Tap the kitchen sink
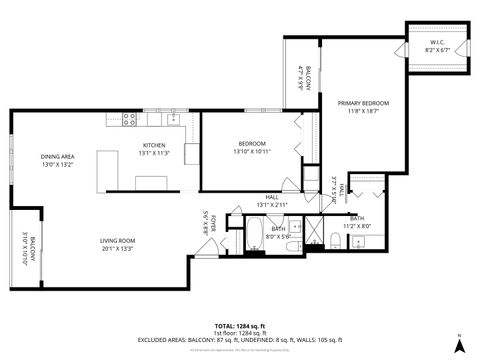[175, 118]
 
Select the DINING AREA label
[58, 157]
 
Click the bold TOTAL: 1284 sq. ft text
[240, 325]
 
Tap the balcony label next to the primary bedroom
[305, 77]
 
